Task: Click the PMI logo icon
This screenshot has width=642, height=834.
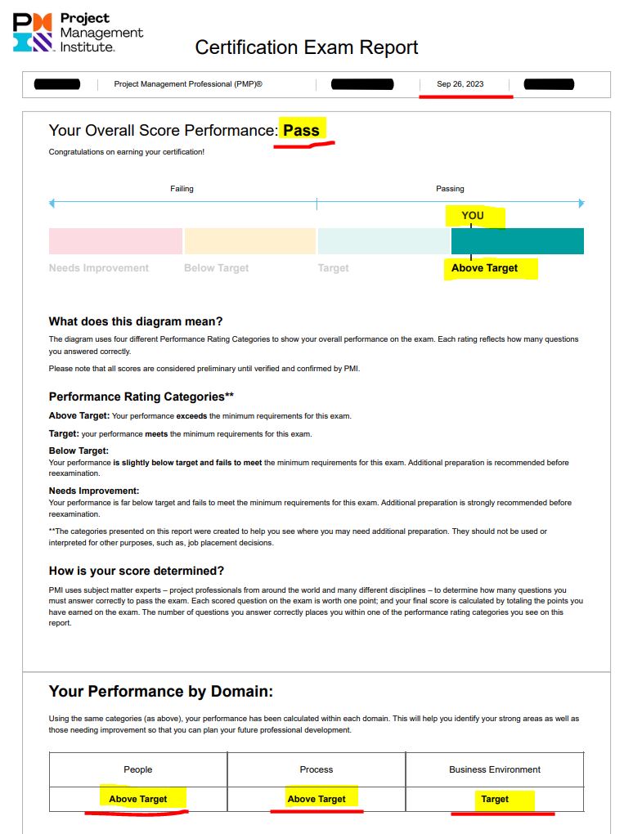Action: coord(34,33)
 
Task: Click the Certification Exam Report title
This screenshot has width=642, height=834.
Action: coord(306,47)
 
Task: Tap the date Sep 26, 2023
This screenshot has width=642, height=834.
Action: coord(460,84)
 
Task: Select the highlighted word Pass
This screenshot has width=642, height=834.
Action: coord(301,130)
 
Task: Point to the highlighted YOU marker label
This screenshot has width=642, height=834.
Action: coord(473,216)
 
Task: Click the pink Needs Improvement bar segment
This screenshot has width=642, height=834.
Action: coord(115,241)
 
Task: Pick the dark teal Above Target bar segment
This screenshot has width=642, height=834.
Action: coord(517,241)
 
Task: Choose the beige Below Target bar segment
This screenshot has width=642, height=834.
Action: coord(249,241)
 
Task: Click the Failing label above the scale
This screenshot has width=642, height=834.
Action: coord(182,189)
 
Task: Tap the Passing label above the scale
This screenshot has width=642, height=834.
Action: coord(450,189)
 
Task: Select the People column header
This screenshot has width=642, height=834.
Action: coord(138,769)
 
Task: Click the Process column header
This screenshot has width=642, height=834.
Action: coord(317,769)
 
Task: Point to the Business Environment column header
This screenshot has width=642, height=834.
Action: coord(495,769)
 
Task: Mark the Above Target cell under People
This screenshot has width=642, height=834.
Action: coord(138,799)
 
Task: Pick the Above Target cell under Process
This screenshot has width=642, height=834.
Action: coord(317,799)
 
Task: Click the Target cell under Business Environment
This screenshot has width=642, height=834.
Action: coord(495,799)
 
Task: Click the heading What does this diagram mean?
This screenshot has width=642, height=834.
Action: coord(136,321)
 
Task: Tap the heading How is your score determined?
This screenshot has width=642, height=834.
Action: coord(137,571)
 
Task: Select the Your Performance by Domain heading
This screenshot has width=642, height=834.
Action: coord(161,692)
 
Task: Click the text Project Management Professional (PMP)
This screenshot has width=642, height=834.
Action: coord(188,84)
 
